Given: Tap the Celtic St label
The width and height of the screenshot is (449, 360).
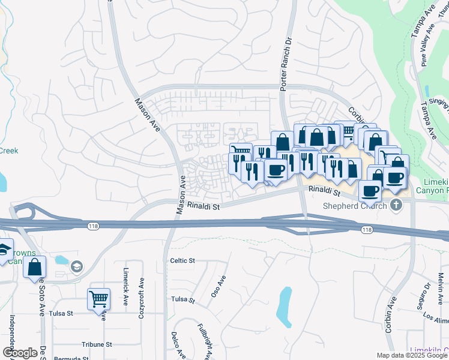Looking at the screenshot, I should [x=183, y=260].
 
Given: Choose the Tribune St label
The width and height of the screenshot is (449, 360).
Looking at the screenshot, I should [x=97, y=344].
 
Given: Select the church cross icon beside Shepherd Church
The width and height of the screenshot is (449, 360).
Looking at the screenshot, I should [x=396, y=206].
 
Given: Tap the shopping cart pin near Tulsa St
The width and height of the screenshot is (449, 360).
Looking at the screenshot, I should [x=98, y=298].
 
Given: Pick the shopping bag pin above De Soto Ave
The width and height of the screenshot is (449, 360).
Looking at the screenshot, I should [x=34, y=267].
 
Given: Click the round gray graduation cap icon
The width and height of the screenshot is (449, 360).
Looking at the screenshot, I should [x=76, y=266].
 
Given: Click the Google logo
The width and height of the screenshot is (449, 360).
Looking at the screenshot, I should [x=20, y=353].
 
